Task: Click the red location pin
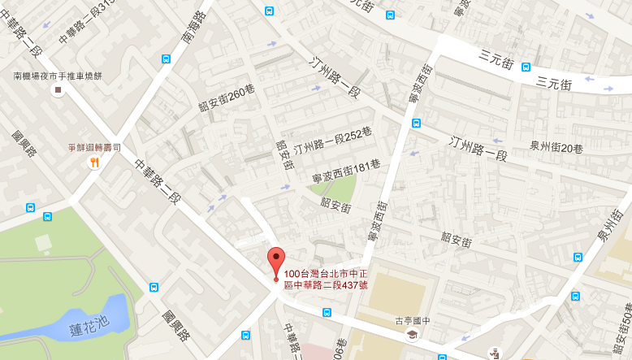click(276, 261)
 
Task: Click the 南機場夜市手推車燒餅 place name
click(57, 76)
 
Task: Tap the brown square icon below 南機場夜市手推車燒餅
click(57, 90)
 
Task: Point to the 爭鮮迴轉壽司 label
click(94, 148)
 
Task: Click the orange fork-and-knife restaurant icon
click(94, 162)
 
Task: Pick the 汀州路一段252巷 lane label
click(332, 140)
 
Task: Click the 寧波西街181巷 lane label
click(346, 170)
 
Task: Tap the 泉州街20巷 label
click(556, 148)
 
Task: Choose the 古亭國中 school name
click(412, 320)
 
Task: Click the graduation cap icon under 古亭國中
click(412, 334)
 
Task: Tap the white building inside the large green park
click(43, 242)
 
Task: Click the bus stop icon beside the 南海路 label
click(167, 59)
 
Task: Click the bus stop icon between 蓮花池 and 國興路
click(154, 287)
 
